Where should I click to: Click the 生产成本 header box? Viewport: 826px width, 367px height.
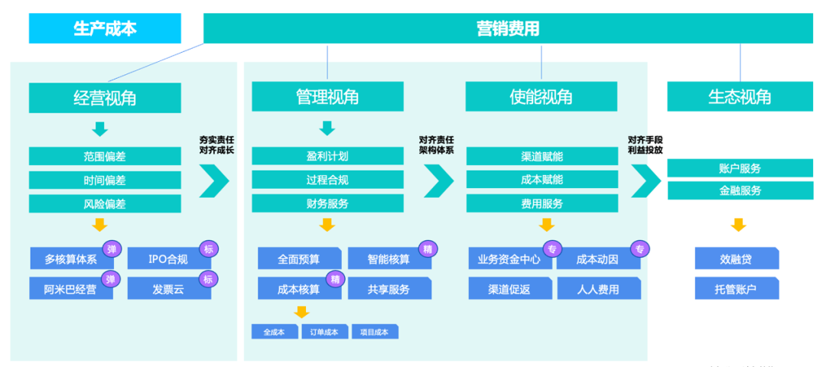[105, 29]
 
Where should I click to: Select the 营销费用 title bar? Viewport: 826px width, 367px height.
[508, 29]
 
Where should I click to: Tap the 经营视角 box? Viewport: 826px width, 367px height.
[105, 98]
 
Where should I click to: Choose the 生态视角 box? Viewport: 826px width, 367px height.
[740, 97]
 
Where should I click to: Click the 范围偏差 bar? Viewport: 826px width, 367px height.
[105, 156]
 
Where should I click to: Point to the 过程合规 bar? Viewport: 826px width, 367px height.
[327, 180]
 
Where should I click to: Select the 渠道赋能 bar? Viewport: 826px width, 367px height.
[541, 156]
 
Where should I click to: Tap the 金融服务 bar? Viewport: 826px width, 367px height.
[740, 191]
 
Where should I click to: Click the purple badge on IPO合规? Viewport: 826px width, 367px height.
[207, 248]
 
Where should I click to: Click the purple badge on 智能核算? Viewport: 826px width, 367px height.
[428, 248]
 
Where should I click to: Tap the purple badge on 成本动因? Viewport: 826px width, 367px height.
[639, 248]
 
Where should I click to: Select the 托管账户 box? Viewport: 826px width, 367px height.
[737, 289]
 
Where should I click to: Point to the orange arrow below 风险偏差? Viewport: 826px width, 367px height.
[99, 225]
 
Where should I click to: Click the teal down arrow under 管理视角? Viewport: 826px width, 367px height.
[327, 128]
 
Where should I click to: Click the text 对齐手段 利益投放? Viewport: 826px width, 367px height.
[646, 145]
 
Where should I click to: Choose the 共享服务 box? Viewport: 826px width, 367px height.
[389, 289]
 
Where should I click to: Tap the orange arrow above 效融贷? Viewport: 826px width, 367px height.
[738, 225]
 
